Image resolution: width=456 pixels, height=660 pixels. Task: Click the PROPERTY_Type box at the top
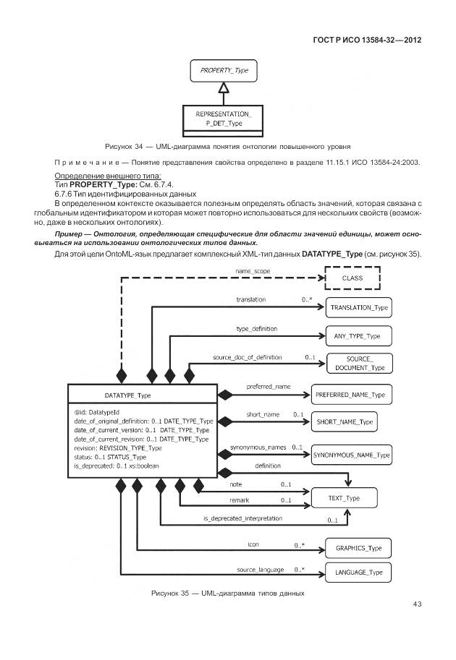pyautogui.click(x=224, y=72)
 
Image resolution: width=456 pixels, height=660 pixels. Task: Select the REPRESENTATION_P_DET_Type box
pyautogui.click(x=224, y=119)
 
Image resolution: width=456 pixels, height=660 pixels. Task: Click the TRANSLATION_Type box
pyautogui.click(x=359, y=307)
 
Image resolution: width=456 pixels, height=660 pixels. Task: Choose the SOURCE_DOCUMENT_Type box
pyautogui.click(x=359, y=364)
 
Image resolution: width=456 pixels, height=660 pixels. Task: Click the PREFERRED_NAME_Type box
pyautogui.click(x=352, y=395)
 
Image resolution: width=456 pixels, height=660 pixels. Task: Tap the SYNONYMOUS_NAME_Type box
pyautogui.click(x=352, y=455)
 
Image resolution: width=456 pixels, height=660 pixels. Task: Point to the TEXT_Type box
pyautogui.click(x=343, y=498)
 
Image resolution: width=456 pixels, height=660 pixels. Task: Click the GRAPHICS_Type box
pyautogui.click(x=359, y=548)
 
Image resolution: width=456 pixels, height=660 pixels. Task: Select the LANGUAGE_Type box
pyautogui.click(x=359, y=573)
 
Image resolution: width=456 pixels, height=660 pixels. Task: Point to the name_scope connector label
pyautogui.click(x=251, y=270)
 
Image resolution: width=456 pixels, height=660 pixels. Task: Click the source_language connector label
pyautogui.click(x=261, y=570)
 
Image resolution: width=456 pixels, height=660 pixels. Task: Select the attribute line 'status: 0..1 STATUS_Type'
pyautogui.click(x=110, y=457)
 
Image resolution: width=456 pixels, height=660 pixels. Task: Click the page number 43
pyautogui.click(x=417, y=604)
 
